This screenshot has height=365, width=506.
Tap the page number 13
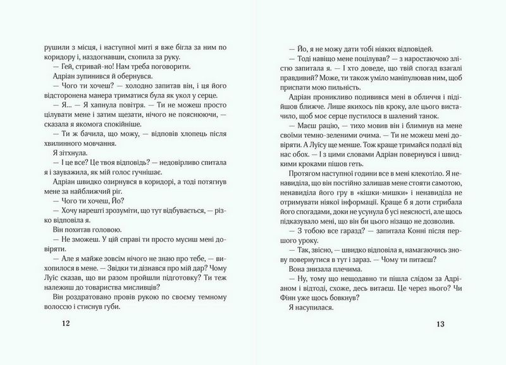click(x=441, y=325)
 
